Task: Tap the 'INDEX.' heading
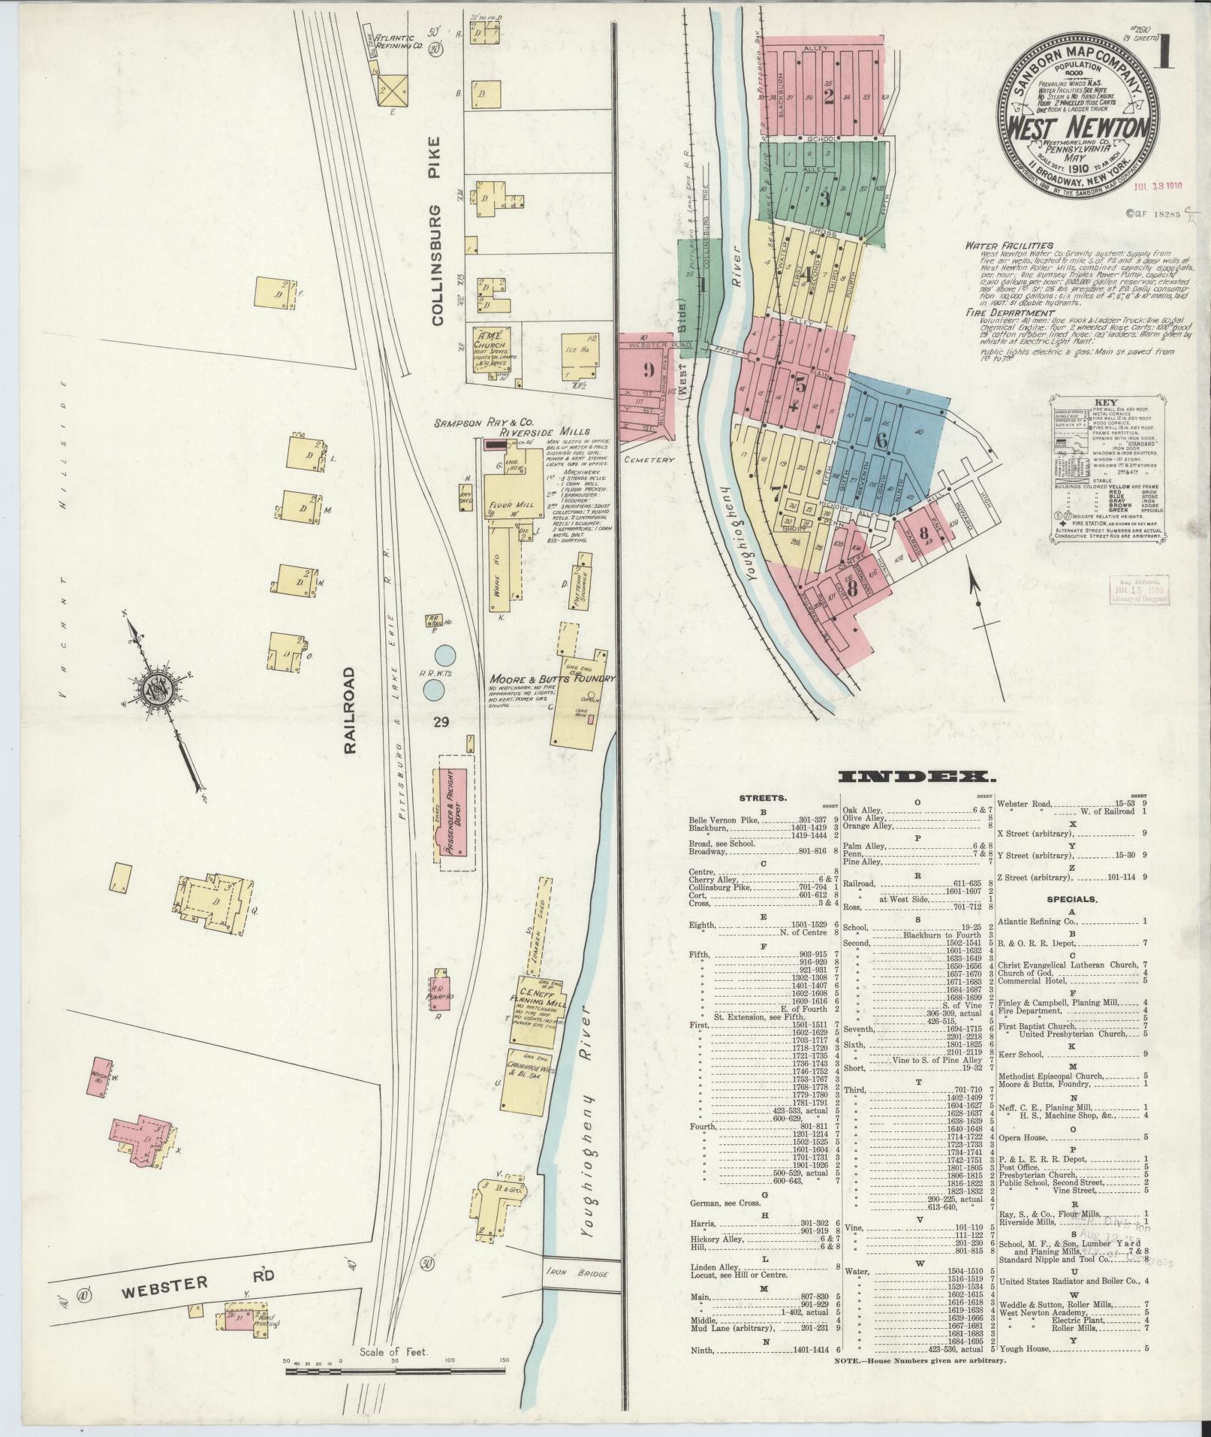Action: tap(912, 777)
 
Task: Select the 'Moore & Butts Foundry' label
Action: tap(552, 678)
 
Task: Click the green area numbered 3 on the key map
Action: tap(824, 198)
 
